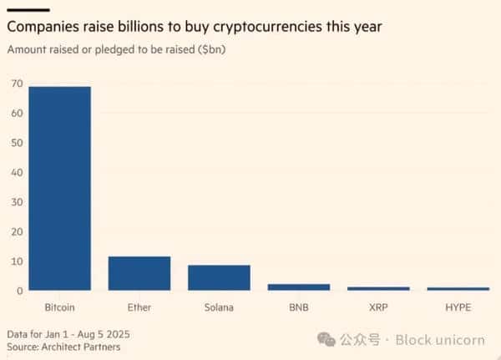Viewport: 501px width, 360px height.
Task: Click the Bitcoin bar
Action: tap(59, 188)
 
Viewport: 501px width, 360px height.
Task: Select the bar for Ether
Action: tap(139, 273)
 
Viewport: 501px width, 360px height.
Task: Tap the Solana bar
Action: tap(219, 277)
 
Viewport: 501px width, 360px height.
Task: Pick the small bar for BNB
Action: tap(298, 286)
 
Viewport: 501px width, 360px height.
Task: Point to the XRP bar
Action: tap(378, 288)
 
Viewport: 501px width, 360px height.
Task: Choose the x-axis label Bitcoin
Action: tap(59, 307)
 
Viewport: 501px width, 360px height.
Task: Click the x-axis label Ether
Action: tap(139, 307)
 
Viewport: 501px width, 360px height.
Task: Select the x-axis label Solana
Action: tap(219, 307)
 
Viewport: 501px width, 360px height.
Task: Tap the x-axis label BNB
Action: tap(298, 307)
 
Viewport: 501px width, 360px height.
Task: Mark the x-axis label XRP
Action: tap(378, 307)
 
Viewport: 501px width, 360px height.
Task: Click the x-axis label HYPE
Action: tap(458, 307)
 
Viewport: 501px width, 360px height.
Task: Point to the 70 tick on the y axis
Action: tap(14, 84)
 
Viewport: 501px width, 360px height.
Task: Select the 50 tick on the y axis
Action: tap(14, 143)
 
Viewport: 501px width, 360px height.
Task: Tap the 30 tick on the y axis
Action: tap(14, 202)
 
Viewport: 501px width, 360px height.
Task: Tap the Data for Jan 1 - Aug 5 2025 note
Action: tap(69, 333)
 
